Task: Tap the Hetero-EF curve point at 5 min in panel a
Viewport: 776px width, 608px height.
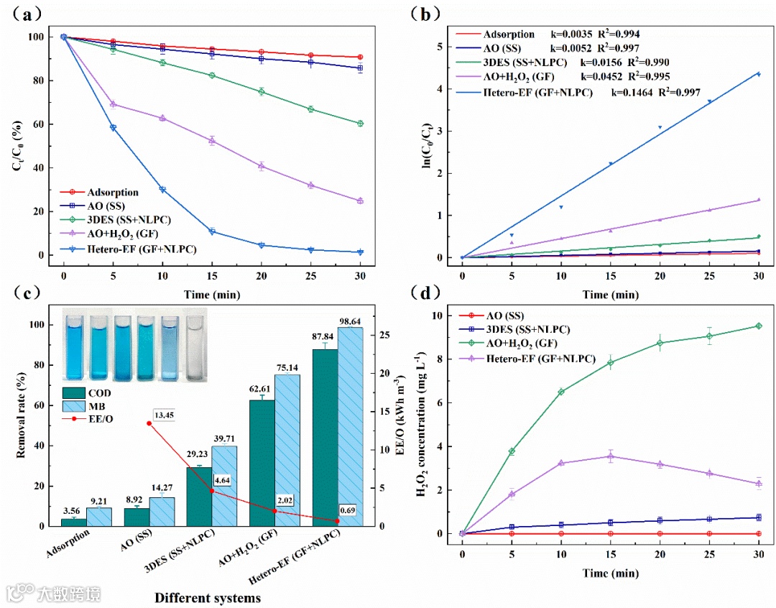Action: [113, 127]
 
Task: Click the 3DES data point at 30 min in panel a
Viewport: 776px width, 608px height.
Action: [359, 124]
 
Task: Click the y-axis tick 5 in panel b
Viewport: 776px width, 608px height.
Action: [448, 47]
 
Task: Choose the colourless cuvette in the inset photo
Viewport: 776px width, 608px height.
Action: [195, 346]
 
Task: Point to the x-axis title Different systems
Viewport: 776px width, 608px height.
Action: [208, 597]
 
